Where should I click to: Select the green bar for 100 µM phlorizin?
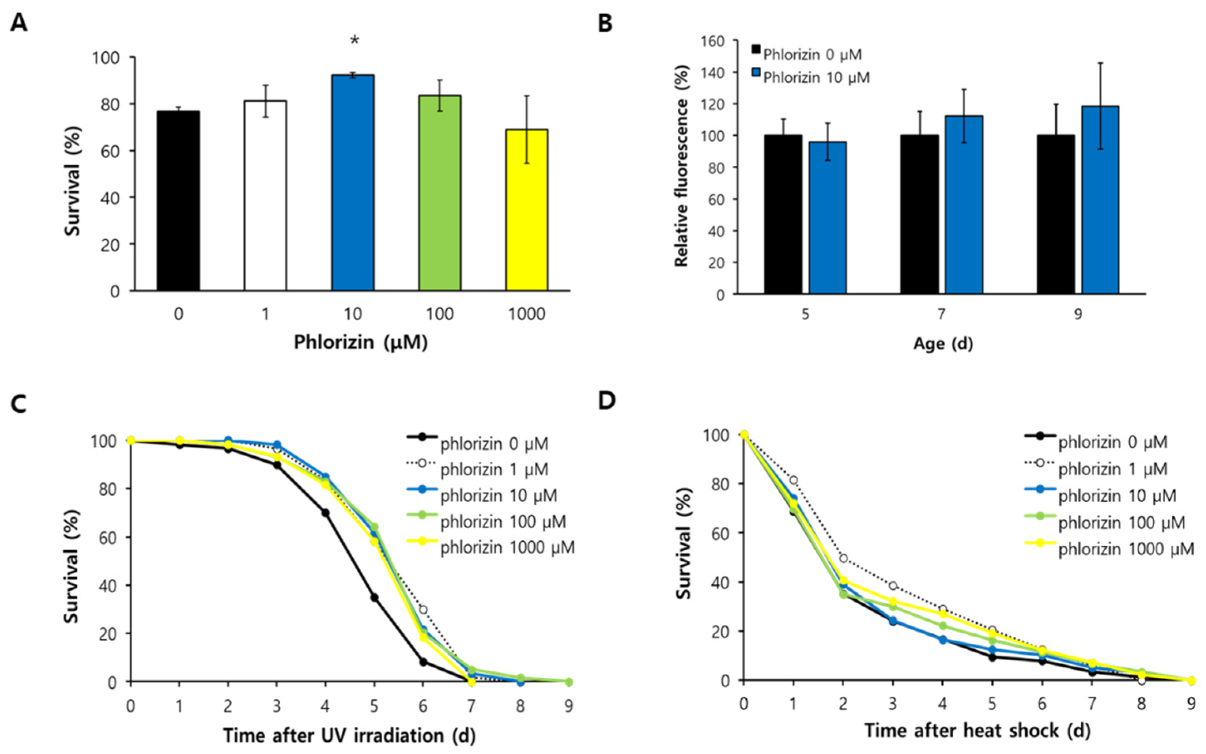coord(439,193)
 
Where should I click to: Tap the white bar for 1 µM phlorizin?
coord(265,195)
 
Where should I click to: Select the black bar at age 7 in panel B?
coord(919,214)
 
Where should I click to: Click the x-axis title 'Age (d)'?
coord(943,343)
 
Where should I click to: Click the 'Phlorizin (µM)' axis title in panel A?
coord(361,342)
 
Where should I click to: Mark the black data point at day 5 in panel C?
coord(374,597)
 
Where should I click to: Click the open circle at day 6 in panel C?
coord(423,609)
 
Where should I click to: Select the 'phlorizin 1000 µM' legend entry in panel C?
coord(507,547)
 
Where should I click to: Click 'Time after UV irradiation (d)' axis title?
coord(348,735)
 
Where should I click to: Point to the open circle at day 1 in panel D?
coord(793,480)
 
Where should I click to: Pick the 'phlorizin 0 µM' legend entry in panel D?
coord(1112,442)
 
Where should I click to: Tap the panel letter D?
coord(607,401)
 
